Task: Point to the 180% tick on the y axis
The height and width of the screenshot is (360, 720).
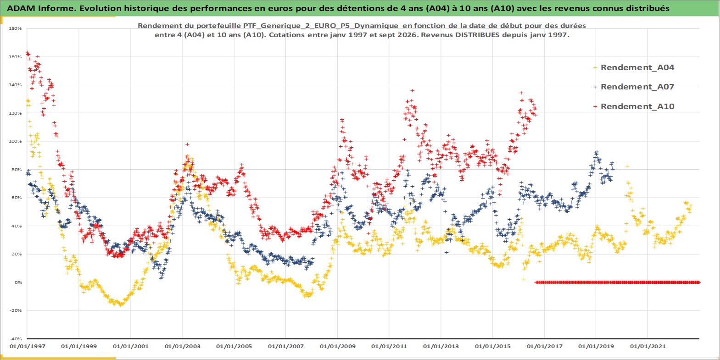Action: click(x=16, y=28)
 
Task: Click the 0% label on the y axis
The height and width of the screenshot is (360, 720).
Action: click(x=18, y=282)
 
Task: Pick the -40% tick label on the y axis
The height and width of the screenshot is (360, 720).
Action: click(x=16, y=338)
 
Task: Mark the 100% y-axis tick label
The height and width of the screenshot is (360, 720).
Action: click(x=16, y=141)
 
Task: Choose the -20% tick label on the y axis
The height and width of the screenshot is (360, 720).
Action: click(x=16, y=310)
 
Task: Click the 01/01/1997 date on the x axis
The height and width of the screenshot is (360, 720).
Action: click(x=28, y=346)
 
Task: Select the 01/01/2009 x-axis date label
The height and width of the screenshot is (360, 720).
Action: click(x=337, y=346)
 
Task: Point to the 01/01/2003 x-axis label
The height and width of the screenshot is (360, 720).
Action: click(x=182, y=346)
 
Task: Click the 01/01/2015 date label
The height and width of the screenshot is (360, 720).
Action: click(x=492, y=346)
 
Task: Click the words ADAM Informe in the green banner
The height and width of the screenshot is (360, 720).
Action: click(x=41, y=8)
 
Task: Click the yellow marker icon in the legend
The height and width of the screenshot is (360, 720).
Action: click(x=595, y=68)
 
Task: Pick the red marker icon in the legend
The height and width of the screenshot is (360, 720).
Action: click(x=595, y=106)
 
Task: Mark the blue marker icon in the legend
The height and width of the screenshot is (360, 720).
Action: click(x=595, y=87)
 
